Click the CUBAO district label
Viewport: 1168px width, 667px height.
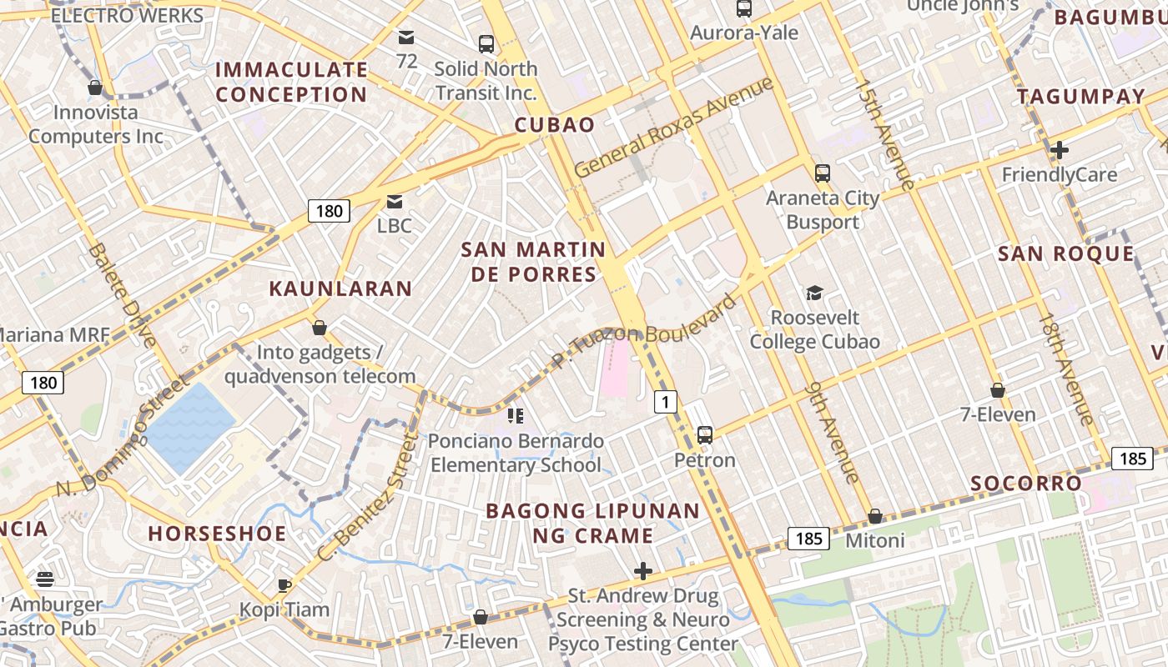(x=555, y=125)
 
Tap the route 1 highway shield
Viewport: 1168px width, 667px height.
(x=665, y=402)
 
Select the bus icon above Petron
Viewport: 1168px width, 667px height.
(x=705, y=434)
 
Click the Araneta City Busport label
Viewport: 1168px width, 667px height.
(x=823, y=210)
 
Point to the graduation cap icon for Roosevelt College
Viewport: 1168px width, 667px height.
(x=814, y=293)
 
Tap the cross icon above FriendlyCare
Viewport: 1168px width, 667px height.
(x=1060, y=150)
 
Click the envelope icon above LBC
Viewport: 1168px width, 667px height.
(x=394, y=201)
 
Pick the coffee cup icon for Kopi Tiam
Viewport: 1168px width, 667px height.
(x=284, y=584)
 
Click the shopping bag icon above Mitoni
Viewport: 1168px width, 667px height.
(x=875, y=516)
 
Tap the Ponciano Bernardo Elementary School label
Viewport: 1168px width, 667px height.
(x=516, y=453)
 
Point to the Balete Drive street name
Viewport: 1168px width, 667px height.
(x=122, y=295)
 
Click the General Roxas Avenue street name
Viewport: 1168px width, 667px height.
(x=674, y=128)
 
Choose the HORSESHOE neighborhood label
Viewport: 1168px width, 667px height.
(x=217, y=534)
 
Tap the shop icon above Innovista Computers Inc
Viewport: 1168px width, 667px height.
(x=95, y=88)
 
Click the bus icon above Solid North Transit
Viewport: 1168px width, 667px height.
(x=486, y=44)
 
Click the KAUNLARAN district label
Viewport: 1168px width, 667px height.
(x=340, y=289)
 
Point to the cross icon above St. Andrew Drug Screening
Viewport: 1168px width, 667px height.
(x=643, y=571)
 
